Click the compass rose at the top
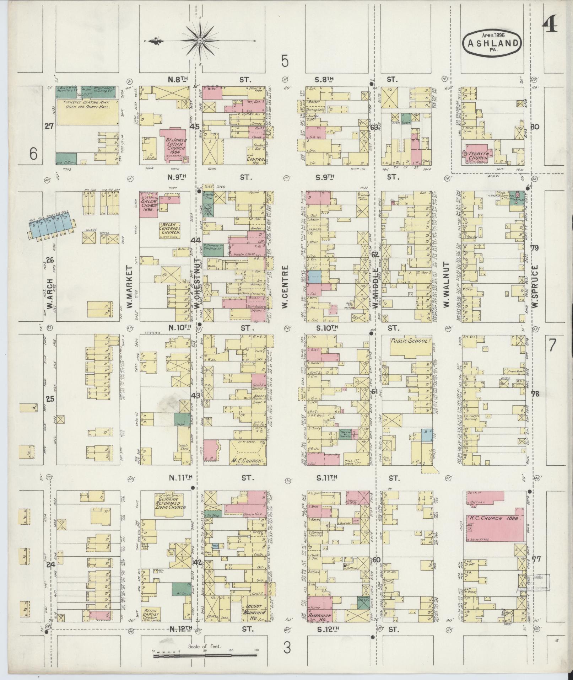coord(200,41)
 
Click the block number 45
coord(195,127)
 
